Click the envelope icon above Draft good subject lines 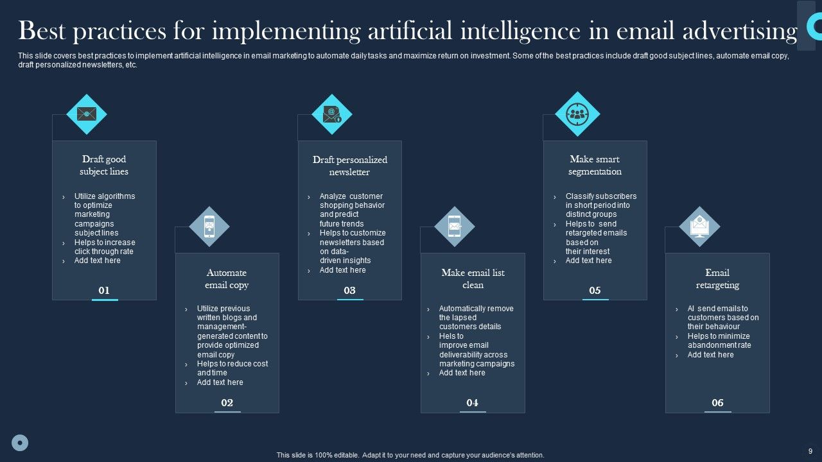coord(87,114)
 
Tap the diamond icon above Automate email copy coord(209,227)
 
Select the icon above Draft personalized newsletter coord(332,114)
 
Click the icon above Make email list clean coord(455,227)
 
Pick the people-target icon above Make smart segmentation coord(577,114)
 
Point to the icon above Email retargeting coord(699,227)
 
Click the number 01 coord(104,291)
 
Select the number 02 coord(227,403)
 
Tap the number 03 coord(349,291)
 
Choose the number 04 coord(473,403)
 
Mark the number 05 coord(595,291)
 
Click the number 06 coord(717,403)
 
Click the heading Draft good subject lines coord(104,166)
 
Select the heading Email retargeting coord(717,279)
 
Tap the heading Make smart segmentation coord(595,166)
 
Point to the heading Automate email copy coord(227,279)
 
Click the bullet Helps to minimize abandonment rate coord(719,341)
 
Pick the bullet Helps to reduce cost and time coord(232,368)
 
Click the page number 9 coord(810,451)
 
